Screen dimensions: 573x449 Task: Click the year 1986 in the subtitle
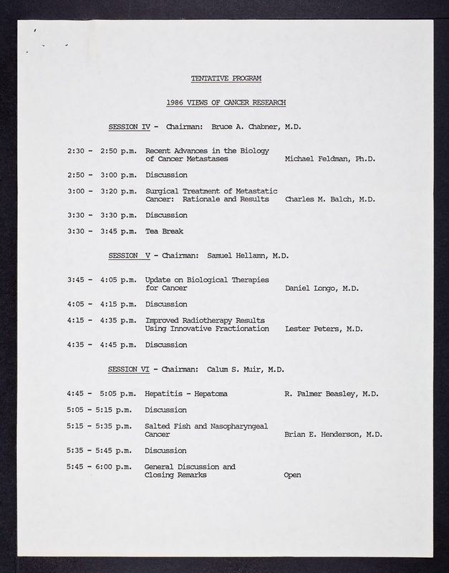pos(175,102)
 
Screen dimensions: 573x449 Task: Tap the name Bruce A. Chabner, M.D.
pos(256,127)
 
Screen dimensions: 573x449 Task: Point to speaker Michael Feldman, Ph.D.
pos(330,159)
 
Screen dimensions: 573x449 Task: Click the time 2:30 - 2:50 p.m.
pos(102,151)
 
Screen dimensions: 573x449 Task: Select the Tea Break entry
pos(164,231)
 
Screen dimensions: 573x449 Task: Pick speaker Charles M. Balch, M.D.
pos(330,199)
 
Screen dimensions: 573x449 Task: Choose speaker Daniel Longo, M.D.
pos(322,288)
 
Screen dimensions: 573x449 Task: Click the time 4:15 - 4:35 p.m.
pos(102,320)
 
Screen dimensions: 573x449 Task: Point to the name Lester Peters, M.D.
pos(324,329)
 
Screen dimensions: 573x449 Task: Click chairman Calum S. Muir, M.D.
pos(246,369)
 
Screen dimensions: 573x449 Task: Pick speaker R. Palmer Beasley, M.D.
pos(332,393)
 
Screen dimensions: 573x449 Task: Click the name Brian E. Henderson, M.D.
pos(333,434)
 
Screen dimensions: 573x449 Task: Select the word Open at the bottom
pos(292,475)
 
